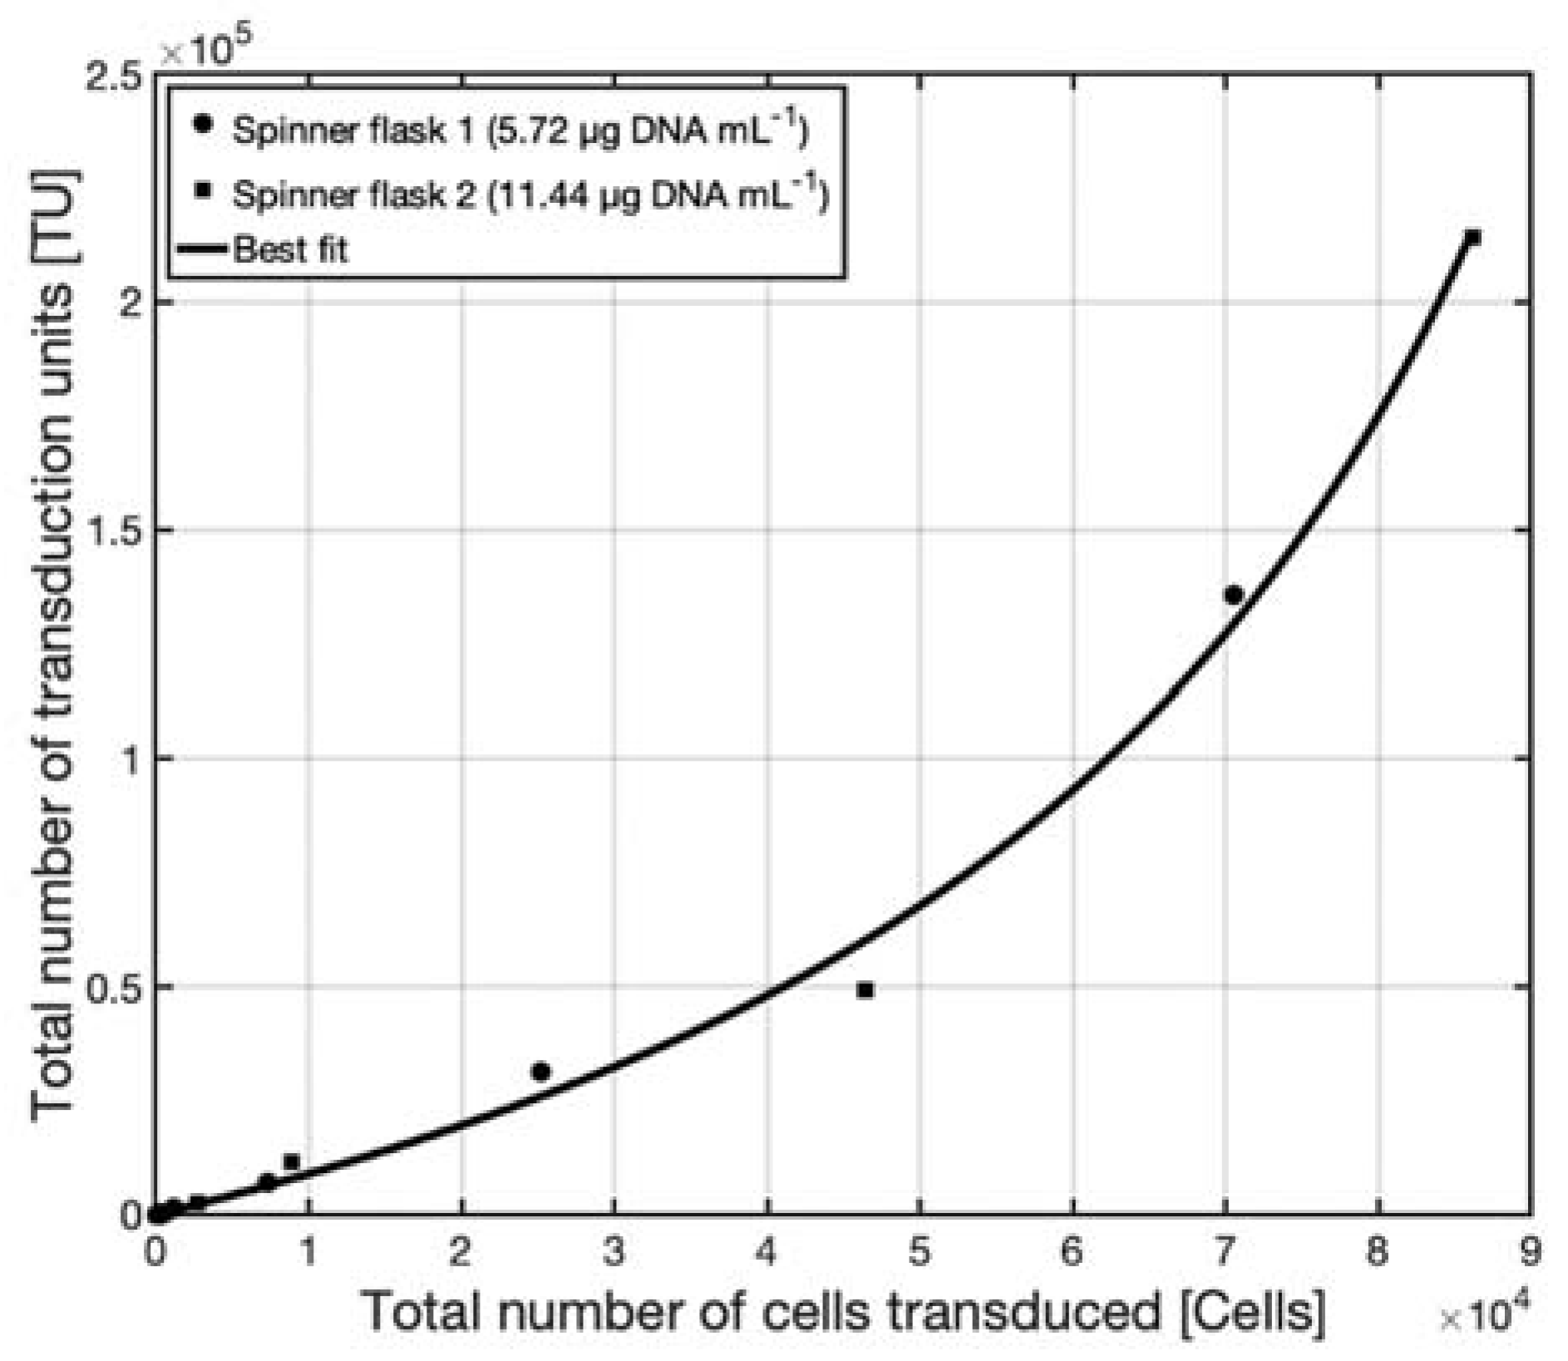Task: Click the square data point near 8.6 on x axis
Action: (1472, 238)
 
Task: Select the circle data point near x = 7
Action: (1233, 594)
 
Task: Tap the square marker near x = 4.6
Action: (865, 990)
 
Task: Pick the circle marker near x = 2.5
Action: (540, 1072)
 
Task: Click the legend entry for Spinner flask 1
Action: (520, 130)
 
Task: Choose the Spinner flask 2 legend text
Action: (530, 194)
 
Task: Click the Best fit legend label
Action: (289, 249)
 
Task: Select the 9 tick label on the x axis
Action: (1530, 1251)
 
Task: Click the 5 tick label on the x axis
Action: (919, 1251)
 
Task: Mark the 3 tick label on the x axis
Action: (614, 1251)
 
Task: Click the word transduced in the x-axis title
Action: (1020, 1312)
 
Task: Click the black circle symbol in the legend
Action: (202, 125)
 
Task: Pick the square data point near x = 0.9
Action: (291, 1161)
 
